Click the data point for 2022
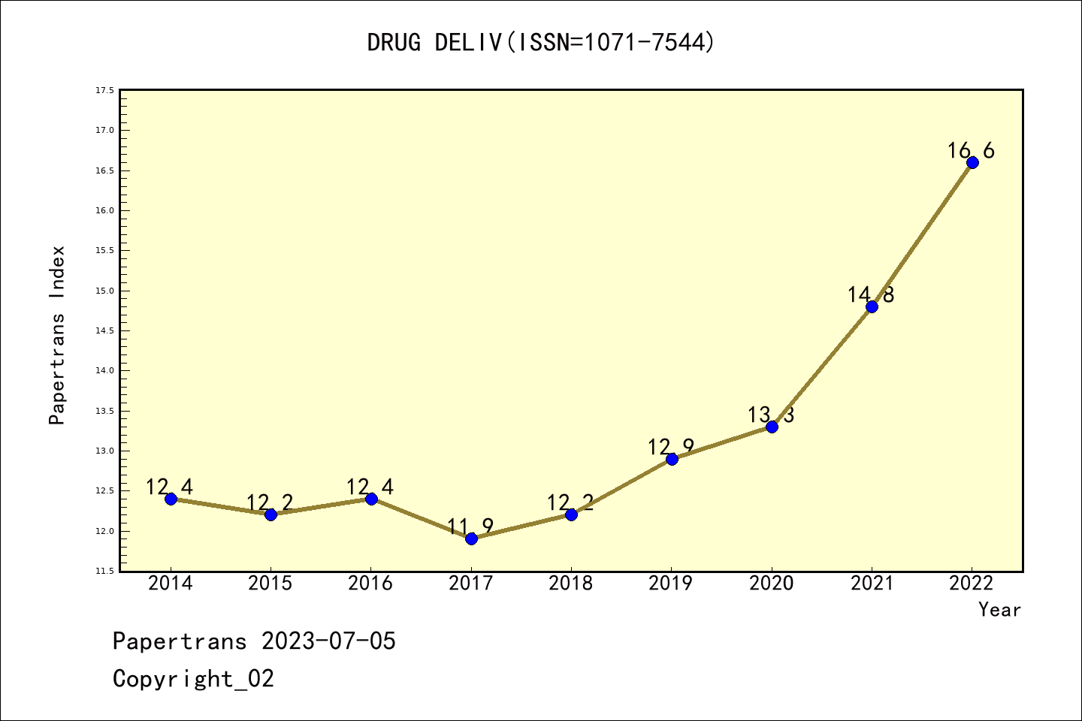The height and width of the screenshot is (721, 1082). (x=972, y=162)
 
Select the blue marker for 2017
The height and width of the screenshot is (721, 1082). (x=471, y=538)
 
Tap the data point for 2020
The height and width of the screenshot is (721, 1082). (x=772, y=427)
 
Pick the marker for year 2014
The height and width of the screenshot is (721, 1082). (x=171, y=499)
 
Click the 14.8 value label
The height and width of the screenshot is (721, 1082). (x=871, y=295)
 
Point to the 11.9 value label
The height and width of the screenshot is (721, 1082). (x=470, y=526)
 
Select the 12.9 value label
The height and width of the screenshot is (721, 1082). (x=671, y=448)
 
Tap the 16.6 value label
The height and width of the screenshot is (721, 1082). (x=971, y=151)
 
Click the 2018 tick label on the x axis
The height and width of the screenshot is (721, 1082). (x=571, y=584)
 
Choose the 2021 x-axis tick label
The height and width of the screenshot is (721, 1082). (x=872, y=584)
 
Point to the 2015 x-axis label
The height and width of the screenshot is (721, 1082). (x=270, y=584)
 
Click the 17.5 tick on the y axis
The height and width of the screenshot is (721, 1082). (x=104, y=90)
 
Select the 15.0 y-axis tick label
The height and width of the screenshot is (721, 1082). (x=104, y=291)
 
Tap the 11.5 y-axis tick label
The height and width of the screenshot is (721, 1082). (x=104, y=572)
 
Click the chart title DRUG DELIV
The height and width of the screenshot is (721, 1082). (x=541, y=43)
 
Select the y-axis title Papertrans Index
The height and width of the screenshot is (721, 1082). (x=58, y=335)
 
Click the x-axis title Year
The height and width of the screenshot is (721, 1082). (x=999, y=610)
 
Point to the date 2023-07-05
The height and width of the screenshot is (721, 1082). (x=328, y=641)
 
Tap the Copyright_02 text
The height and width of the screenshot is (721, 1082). (x=193, y=679)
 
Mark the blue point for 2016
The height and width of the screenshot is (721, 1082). (x=371, y=499)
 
